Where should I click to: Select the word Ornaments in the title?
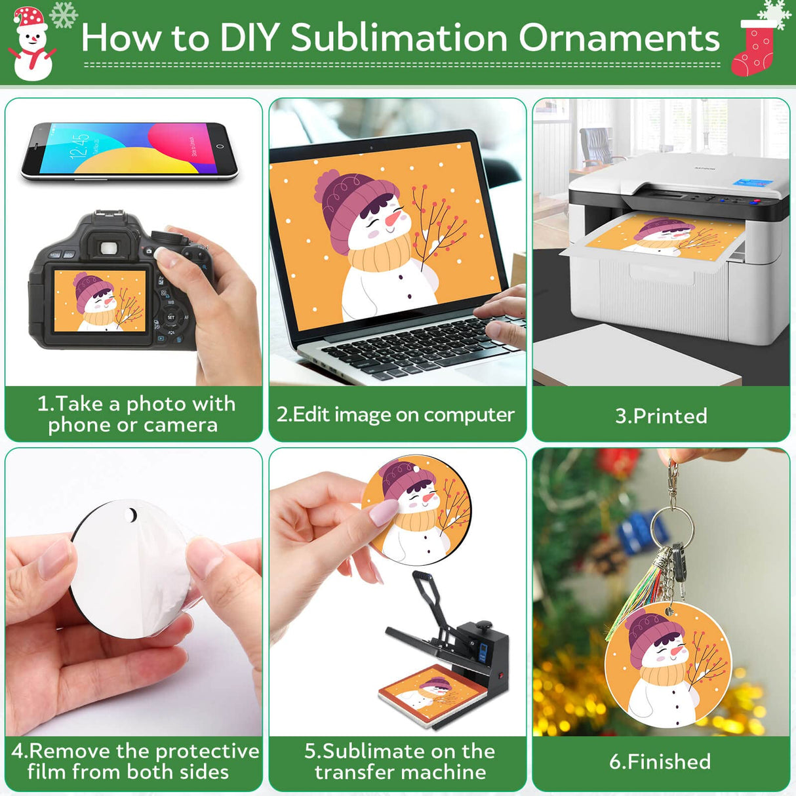pos(619,37)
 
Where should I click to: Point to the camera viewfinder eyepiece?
pos(109,248)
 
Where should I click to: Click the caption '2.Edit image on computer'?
pos(395,414)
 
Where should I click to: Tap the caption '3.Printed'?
pos(661,416)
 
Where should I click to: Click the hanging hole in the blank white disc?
pos(132,516)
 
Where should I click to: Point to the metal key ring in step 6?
pos(671,525)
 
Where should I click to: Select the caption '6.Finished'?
pos(660,761)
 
